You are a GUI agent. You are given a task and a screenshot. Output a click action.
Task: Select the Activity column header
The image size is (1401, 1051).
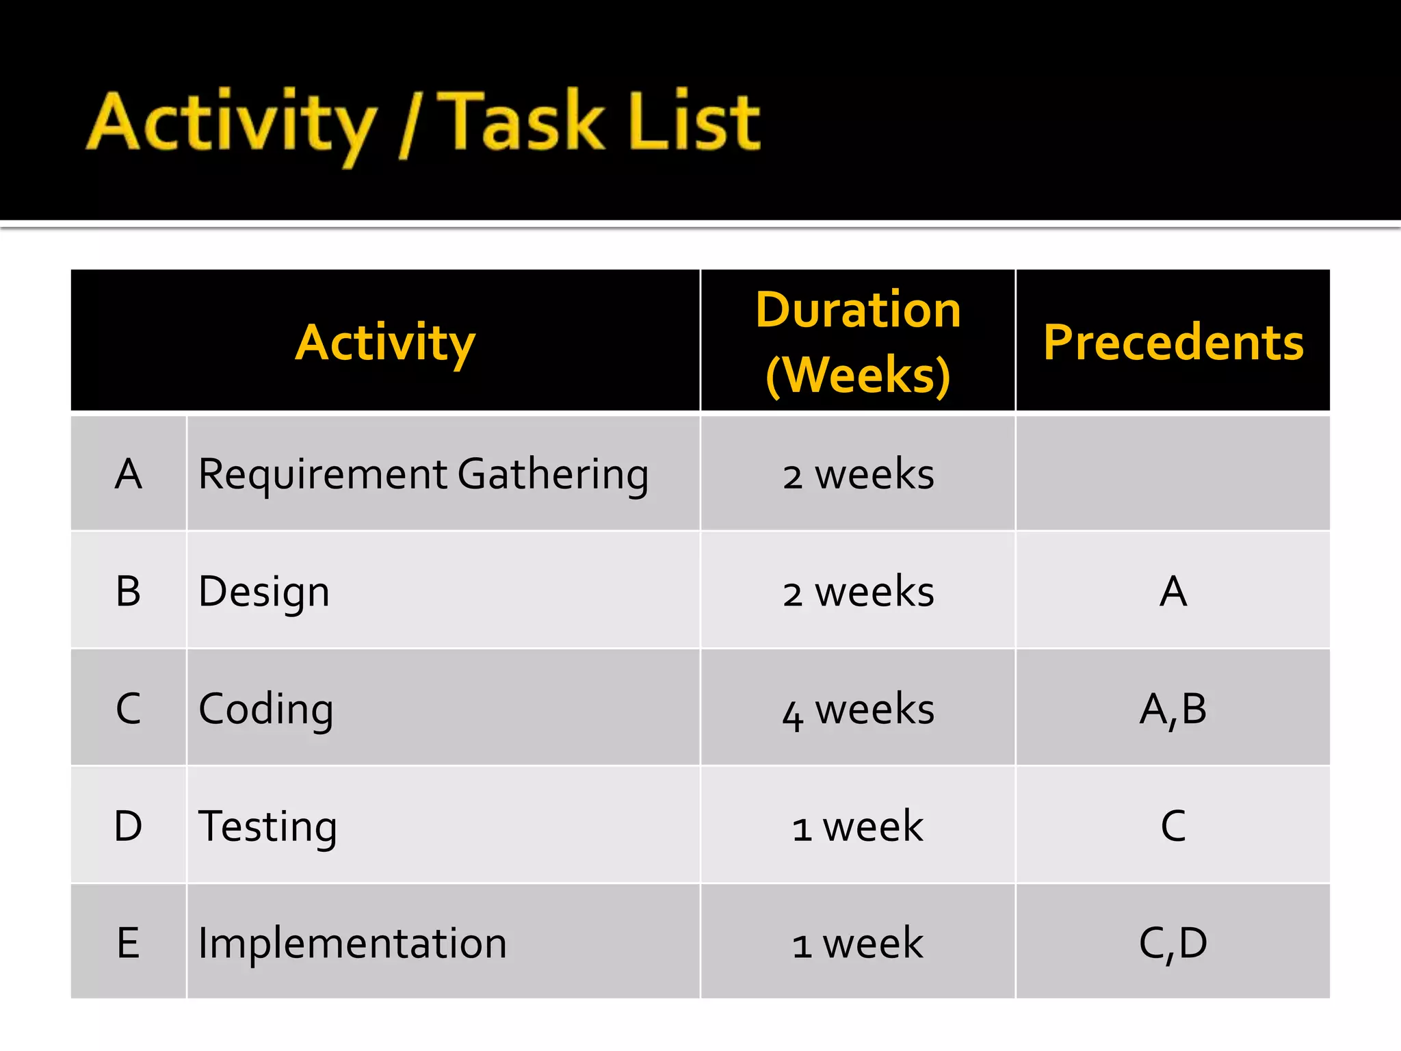385,341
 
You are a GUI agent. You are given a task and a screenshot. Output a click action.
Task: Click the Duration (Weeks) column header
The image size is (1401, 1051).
858,341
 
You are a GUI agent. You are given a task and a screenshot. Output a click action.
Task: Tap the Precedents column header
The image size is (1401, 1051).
1173,341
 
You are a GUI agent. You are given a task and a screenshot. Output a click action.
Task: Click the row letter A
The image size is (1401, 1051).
129,473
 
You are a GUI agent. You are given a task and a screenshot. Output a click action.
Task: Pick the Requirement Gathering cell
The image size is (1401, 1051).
423,473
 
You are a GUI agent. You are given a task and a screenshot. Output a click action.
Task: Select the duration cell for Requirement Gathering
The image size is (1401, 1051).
858,473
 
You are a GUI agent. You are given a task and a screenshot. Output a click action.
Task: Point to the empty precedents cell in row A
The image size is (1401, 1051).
1173,473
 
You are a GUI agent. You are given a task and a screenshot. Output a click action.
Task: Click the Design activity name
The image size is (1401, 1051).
264,591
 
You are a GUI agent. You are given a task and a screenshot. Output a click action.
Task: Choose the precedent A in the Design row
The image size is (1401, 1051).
1173,591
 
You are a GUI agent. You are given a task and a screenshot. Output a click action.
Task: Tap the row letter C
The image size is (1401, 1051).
129,708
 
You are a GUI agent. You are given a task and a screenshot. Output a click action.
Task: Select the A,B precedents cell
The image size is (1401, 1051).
1173,709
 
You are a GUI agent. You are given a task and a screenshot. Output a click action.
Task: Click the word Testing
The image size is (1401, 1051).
267,826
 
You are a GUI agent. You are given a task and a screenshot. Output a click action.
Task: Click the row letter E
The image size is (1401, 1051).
129,943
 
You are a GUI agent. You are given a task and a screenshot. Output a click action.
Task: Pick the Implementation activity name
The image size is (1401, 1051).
352,943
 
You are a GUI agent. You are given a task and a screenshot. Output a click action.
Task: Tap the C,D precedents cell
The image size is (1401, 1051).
1173,943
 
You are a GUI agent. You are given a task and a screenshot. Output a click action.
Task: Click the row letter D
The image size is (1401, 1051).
129,826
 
